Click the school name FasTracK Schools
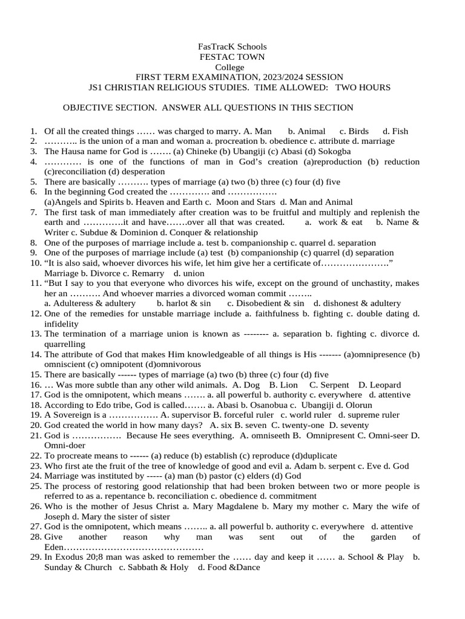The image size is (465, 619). (232, 47)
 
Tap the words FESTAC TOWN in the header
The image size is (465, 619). (232, 57)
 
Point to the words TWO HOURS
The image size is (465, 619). (363, 88)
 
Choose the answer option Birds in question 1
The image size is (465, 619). (358, 131)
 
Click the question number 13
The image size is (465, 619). (35, 334)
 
